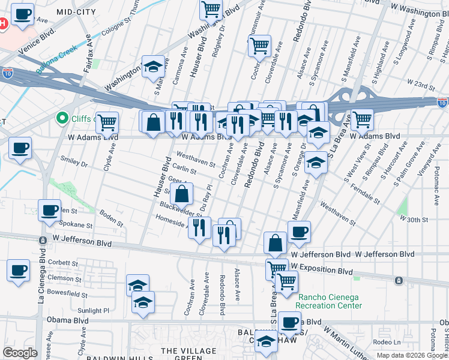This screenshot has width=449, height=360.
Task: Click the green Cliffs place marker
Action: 61,118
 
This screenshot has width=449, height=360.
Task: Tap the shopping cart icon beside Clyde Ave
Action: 107,122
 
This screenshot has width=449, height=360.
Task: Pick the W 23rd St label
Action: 420,81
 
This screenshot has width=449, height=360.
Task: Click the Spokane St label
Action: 77,226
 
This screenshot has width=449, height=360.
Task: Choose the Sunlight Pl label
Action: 93,311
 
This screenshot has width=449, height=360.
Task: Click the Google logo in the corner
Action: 20,353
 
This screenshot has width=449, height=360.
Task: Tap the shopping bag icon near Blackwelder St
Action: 181,194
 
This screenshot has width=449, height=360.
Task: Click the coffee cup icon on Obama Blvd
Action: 289,322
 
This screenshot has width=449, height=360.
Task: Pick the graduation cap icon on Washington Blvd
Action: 153,66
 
